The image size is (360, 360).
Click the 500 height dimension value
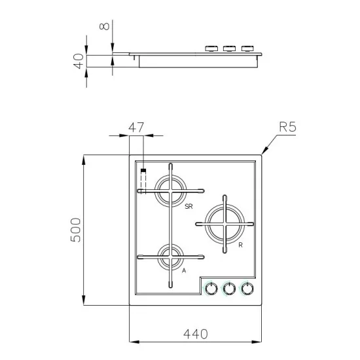point(76,230)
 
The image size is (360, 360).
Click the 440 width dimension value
point(194,333)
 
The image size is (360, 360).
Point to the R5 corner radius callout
point(287,127)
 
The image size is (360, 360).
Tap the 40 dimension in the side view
point(77,62)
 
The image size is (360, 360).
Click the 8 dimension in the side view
point(102,27)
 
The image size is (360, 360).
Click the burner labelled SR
point(171,191)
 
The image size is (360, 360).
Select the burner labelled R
point(224,225)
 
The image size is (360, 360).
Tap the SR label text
point(189,207)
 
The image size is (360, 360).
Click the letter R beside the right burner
point(241,245)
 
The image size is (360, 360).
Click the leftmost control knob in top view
point(211,288)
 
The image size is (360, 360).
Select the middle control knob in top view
point(229,288)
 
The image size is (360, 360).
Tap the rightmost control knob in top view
point(247,288)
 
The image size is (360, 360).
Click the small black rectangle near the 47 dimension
point(143,171)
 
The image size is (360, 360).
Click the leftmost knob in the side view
point(211,48)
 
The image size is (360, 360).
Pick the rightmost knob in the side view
point(247,48)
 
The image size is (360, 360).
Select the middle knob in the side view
point(229,48)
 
